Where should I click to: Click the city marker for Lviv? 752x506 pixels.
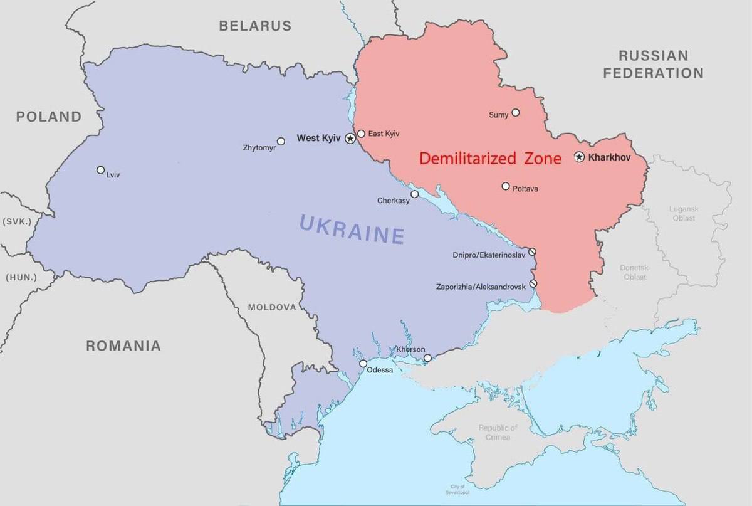pos(100,170)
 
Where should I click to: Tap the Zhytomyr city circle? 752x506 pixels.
pos(281,142)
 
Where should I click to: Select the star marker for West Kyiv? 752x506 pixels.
pos(350,138)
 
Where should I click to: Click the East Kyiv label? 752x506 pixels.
pos(384,134)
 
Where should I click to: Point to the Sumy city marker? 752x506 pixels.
pos(516,113)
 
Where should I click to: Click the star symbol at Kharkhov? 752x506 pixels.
pos(580,157)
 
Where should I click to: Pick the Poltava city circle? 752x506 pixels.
pos(506,186)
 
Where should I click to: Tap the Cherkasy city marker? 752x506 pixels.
pos(414,194)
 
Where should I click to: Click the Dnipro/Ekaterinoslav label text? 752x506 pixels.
pos(489,255)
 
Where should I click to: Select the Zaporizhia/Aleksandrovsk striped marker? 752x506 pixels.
pos(533,283)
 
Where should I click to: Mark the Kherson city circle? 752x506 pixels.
pos(427,358)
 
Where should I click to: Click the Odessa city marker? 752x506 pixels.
pos(363,364)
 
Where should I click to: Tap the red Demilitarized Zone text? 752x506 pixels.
pos(490,159)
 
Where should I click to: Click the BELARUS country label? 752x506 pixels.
pos(255,26)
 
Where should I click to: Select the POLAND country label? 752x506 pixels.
pos(49,117)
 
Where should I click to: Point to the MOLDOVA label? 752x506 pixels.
pos(271,307)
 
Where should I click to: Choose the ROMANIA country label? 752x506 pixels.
pos(123,345)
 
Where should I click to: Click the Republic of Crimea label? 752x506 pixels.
pos(498,432)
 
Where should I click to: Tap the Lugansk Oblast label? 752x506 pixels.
pos(684,213)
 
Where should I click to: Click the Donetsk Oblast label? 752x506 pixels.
pos(635,271)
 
